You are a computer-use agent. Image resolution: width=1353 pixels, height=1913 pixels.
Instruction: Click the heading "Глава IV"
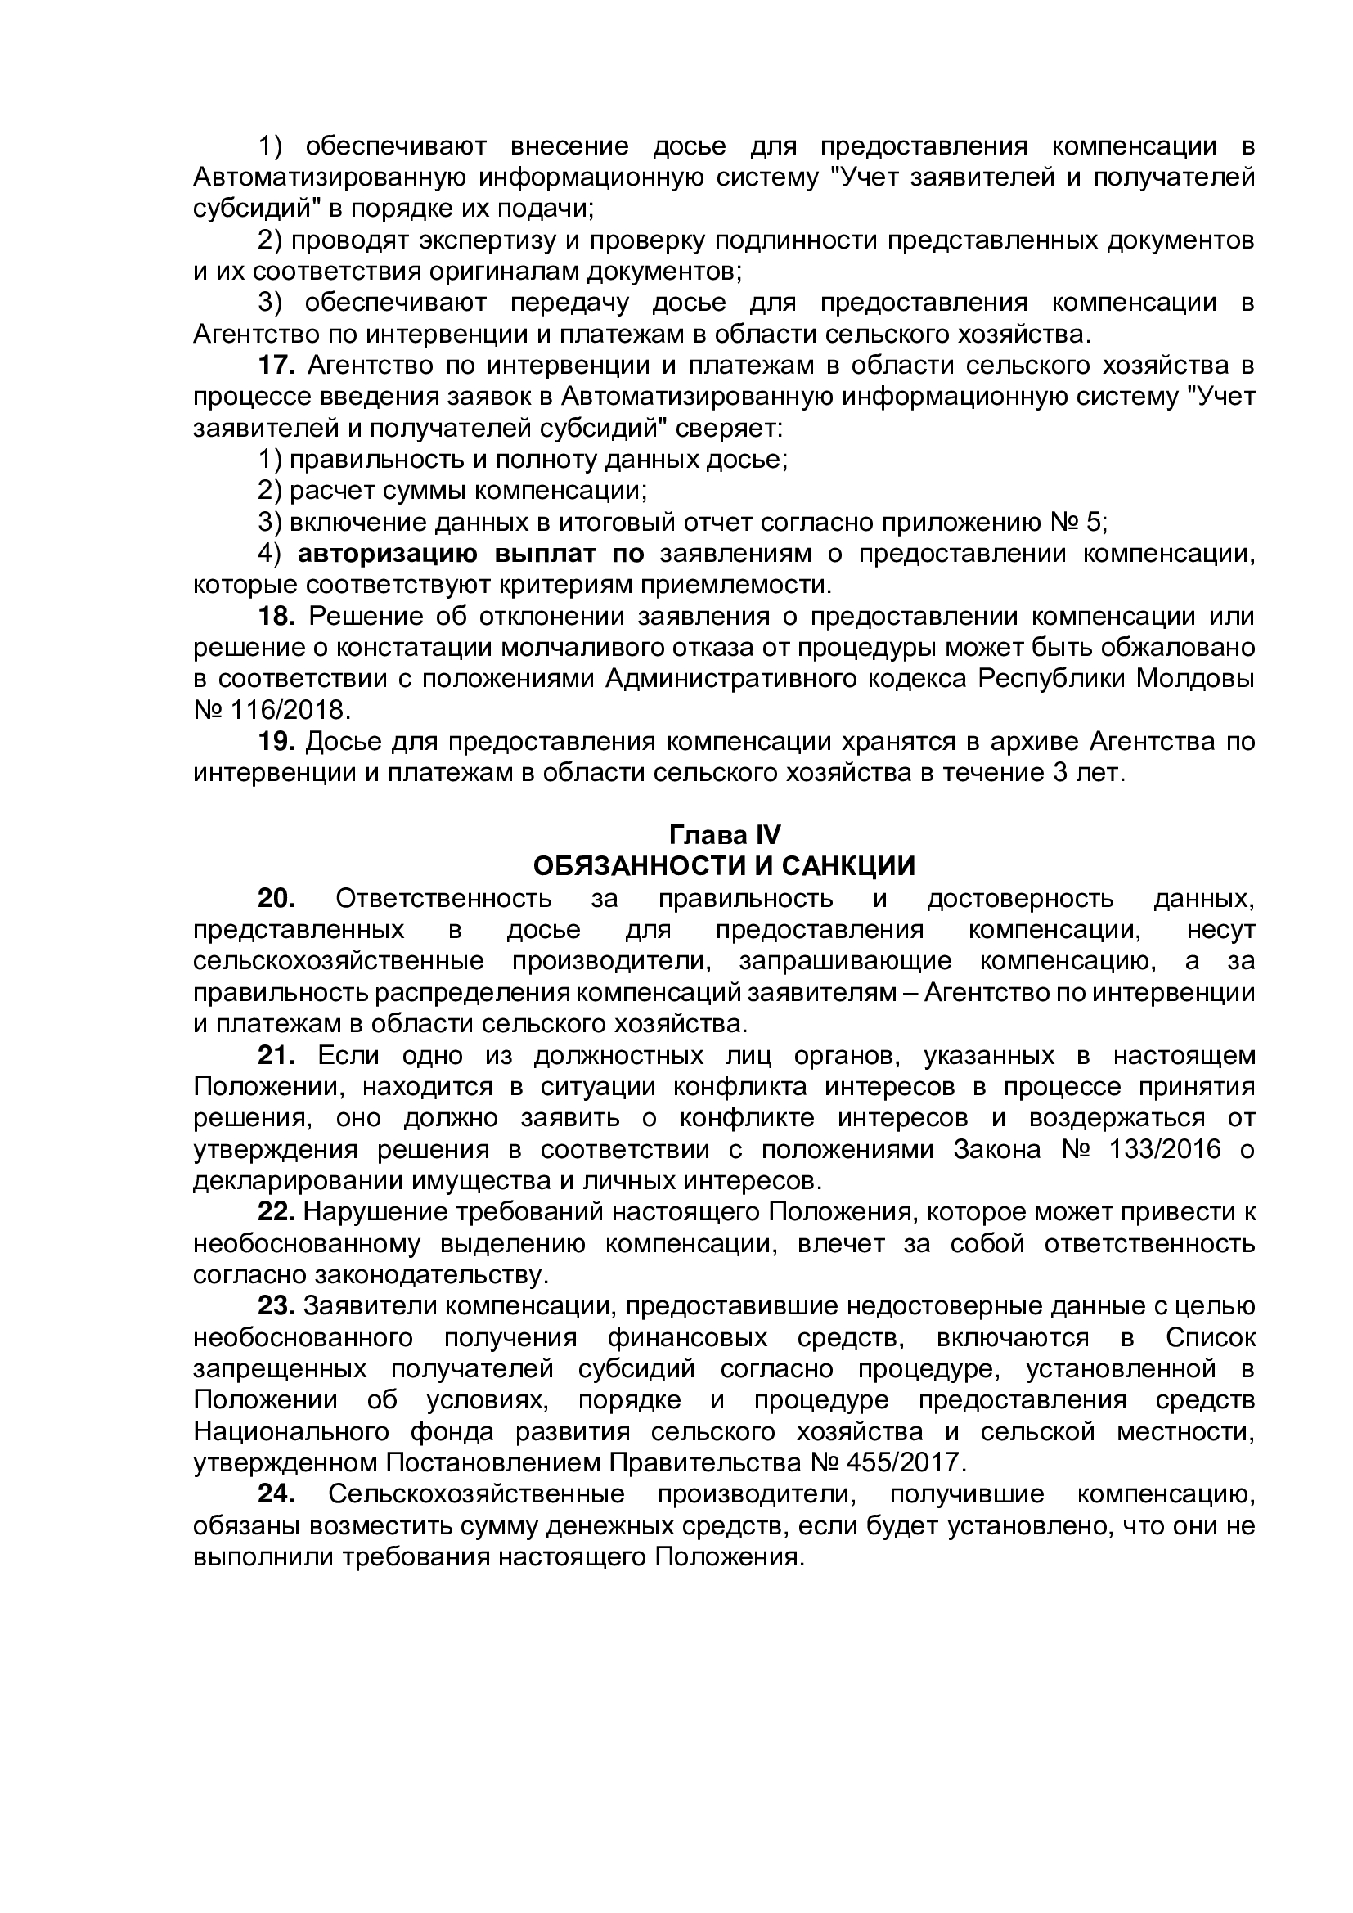coord(723,835)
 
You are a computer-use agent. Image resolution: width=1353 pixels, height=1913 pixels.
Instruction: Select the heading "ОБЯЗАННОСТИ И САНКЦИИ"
coord(723,866)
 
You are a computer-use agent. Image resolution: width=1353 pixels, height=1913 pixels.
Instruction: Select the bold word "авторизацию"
coord(388,554)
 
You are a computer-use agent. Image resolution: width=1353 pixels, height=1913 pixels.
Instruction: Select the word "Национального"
coord(291,1432)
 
